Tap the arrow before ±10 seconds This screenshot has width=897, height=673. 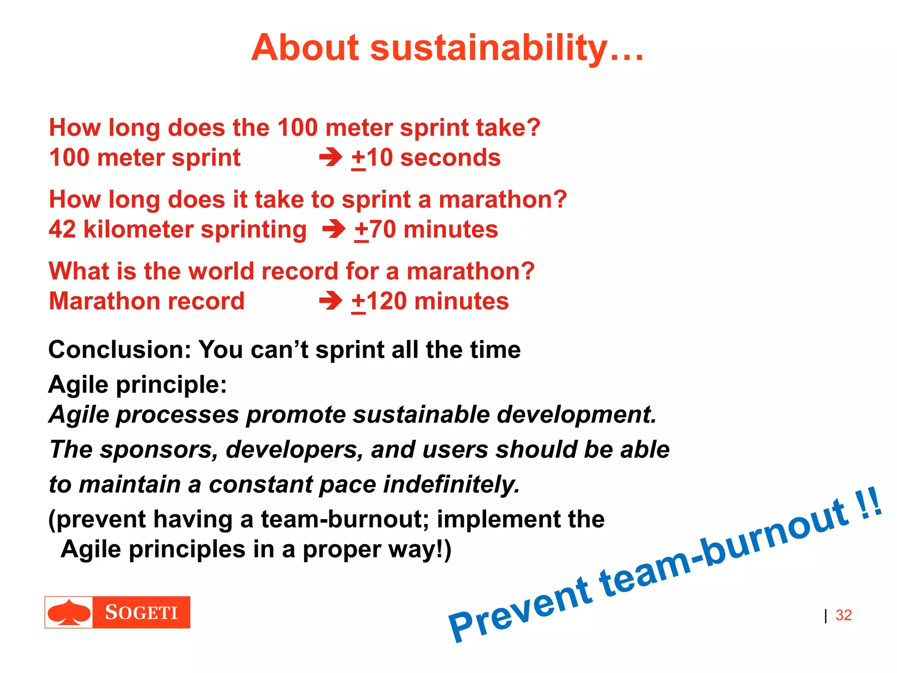[x=331, y=158]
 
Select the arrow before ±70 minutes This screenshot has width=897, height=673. [x=334, y=230]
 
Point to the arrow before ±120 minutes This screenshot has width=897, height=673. [x=331, y=301]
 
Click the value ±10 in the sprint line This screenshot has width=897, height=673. [x=372, y=158]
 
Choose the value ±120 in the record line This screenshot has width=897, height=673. [x=379, y=302]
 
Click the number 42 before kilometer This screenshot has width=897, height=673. [x=62, y=230]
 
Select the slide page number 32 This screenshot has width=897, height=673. [x=843, y=615]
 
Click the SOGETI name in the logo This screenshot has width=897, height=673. [x=141, y=613]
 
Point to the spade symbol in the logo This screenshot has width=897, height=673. [x=69, y=613]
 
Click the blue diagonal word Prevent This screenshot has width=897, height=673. [x=519, y=610]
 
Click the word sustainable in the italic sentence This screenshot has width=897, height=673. [x=421, y=415]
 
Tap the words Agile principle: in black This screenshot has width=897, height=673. [x=138, y=385]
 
